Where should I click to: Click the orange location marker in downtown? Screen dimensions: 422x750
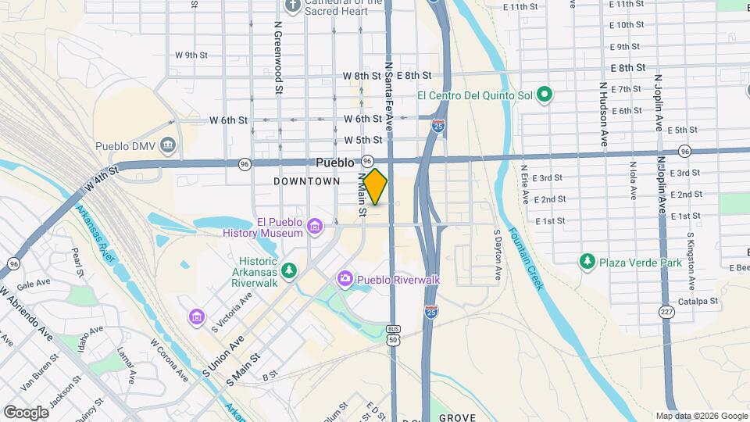376,187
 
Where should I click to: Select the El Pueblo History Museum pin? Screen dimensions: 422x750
314,227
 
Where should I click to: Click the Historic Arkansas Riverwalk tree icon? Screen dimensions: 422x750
290,270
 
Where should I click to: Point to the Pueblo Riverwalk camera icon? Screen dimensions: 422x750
345,279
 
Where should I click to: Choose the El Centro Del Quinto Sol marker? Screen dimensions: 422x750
545,96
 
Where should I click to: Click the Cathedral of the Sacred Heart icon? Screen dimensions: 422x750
293,7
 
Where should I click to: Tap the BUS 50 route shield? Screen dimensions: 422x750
392,335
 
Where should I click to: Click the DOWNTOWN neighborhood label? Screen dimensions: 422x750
307,181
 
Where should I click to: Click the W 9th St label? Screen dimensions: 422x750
191,55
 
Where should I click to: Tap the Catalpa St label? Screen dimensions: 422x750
697,300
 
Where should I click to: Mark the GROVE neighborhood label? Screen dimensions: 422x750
457,417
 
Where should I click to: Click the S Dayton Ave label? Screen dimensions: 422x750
497,254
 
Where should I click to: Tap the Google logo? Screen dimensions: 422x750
26,412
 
